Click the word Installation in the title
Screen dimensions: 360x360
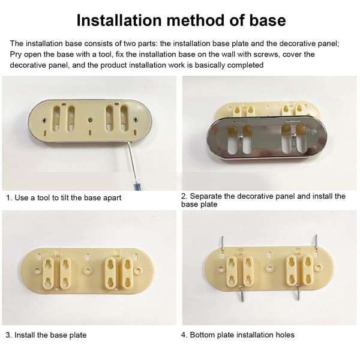119,20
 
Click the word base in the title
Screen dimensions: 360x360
268,20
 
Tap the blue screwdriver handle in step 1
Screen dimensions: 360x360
137,186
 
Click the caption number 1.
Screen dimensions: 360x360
9,197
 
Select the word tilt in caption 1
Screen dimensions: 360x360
65,197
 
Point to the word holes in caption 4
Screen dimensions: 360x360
285,335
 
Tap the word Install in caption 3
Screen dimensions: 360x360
25,335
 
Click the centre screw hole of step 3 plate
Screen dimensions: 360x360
87,270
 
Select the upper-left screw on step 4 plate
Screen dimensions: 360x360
222,243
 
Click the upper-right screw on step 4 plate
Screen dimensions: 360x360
316,242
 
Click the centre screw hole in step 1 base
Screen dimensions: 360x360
91,120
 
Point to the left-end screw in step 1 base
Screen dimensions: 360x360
44,120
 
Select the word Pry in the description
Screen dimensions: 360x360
16,55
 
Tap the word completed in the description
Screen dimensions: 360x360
244,65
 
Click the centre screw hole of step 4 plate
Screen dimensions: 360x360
269,268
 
